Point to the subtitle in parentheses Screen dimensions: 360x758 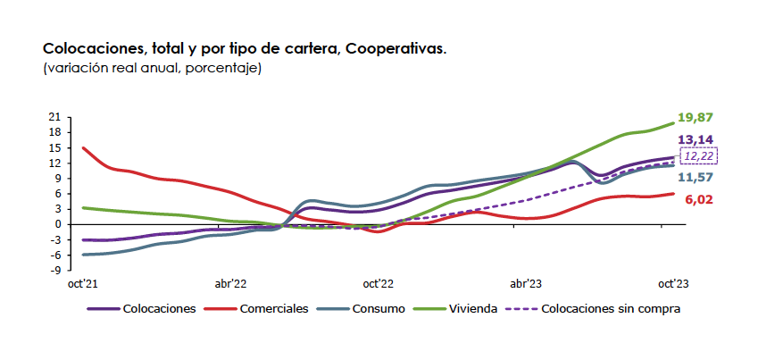tap(152, 68)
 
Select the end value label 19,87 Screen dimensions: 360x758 tap(696, 118)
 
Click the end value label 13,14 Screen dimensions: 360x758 tap(696, 140)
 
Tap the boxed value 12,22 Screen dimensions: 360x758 tap(698, 155)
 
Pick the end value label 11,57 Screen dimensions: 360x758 tap(696, 177)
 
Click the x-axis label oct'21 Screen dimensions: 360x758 tap(82, 283)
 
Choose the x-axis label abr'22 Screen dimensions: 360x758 tap(230, 283)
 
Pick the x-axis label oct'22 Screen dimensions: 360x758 tap(378, 283)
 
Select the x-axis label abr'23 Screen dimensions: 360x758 tap(525, 283)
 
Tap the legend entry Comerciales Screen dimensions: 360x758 tap(274, 308)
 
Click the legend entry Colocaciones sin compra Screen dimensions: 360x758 tap(612, 308)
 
